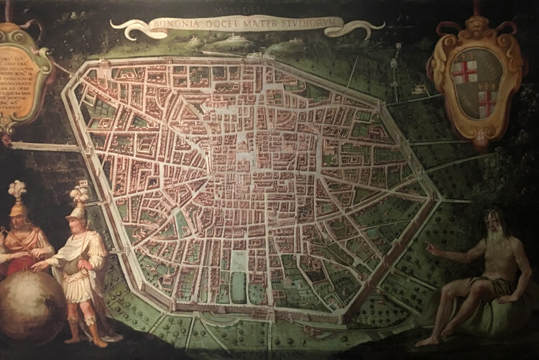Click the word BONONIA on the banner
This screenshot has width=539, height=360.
tap(173, 26)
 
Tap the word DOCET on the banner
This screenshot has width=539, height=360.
tap(216, 25)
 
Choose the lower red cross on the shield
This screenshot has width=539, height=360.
tap(487, 102)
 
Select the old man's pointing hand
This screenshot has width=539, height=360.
tap(431, 248)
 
